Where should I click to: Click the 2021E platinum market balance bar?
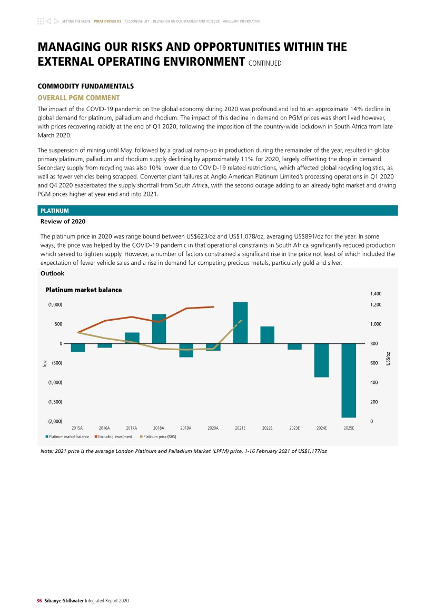coord(240,322)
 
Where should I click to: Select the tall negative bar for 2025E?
coord(349,380)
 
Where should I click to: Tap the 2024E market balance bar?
coord(322,360)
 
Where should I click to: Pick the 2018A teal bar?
coord(159,329)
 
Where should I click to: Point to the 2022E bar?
coord(268,335)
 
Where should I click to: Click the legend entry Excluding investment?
coord(113,437)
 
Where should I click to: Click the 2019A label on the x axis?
coord(186,428)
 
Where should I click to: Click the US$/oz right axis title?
coord(389,359)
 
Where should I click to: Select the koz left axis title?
coord(45,363)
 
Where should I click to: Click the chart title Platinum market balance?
coord(83,290)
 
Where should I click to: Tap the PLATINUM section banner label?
coord(54,211)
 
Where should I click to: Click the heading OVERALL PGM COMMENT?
coord(78,97)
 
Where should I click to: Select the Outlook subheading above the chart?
coord(53,273)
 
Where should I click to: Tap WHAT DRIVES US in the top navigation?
coord(107,21)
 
